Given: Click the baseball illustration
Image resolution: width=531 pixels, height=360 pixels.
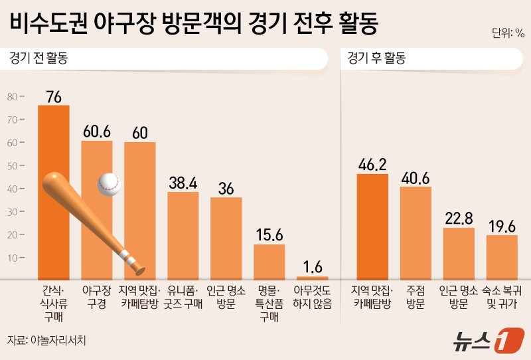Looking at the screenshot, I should point(108,185).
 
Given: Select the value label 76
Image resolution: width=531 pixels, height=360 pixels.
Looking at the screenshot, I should point(54,97).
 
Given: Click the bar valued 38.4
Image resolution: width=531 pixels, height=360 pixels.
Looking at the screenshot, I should point(183,235).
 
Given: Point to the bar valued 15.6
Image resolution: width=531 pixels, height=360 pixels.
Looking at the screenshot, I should point(269,262).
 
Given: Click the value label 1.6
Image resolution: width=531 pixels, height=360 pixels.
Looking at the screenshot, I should point(313,267).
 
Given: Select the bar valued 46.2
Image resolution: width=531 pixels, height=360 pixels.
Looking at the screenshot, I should point(372,226).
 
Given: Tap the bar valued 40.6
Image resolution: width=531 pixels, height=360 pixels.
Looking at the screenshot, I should point(416,232).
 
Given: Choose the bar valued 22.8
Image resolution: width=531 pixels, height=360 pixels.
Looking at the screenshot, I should point(459,253).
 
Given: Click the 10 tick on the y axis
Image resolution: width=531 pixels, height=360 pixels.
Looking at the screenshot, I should point(13,257).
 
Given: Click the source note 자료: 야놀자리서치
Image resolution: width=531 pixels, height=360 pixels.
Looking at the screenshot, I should point(47,339).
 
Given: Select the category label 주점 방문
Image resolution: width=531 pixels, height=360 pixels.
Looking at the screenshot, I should point(416,297).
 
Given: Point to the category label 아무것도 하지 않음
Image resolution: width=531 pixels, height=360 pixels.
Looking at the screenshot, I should point(313,297).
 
